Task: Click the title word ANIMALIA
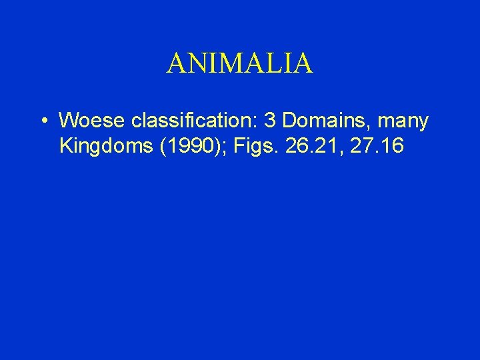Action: [x=239, y=63]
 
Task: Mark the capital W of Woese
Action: [x=67, y=121]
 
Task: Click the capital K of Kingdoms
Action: [x=65, y=145]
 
